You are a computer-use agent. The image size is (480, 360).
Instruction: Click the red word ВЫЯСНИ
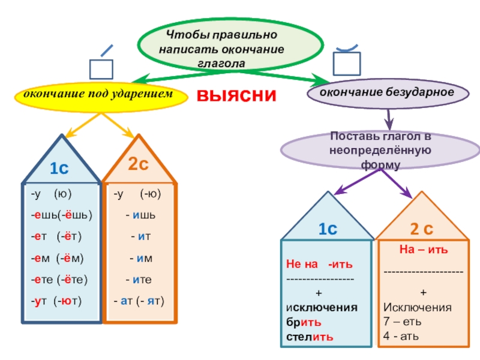[x=237, y=96]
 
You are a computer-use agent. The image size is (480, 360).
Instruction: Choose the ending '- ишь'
[x=141, y=215]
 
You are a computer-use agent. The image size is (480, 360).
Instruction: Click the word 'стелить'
[x=310, y=336]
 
